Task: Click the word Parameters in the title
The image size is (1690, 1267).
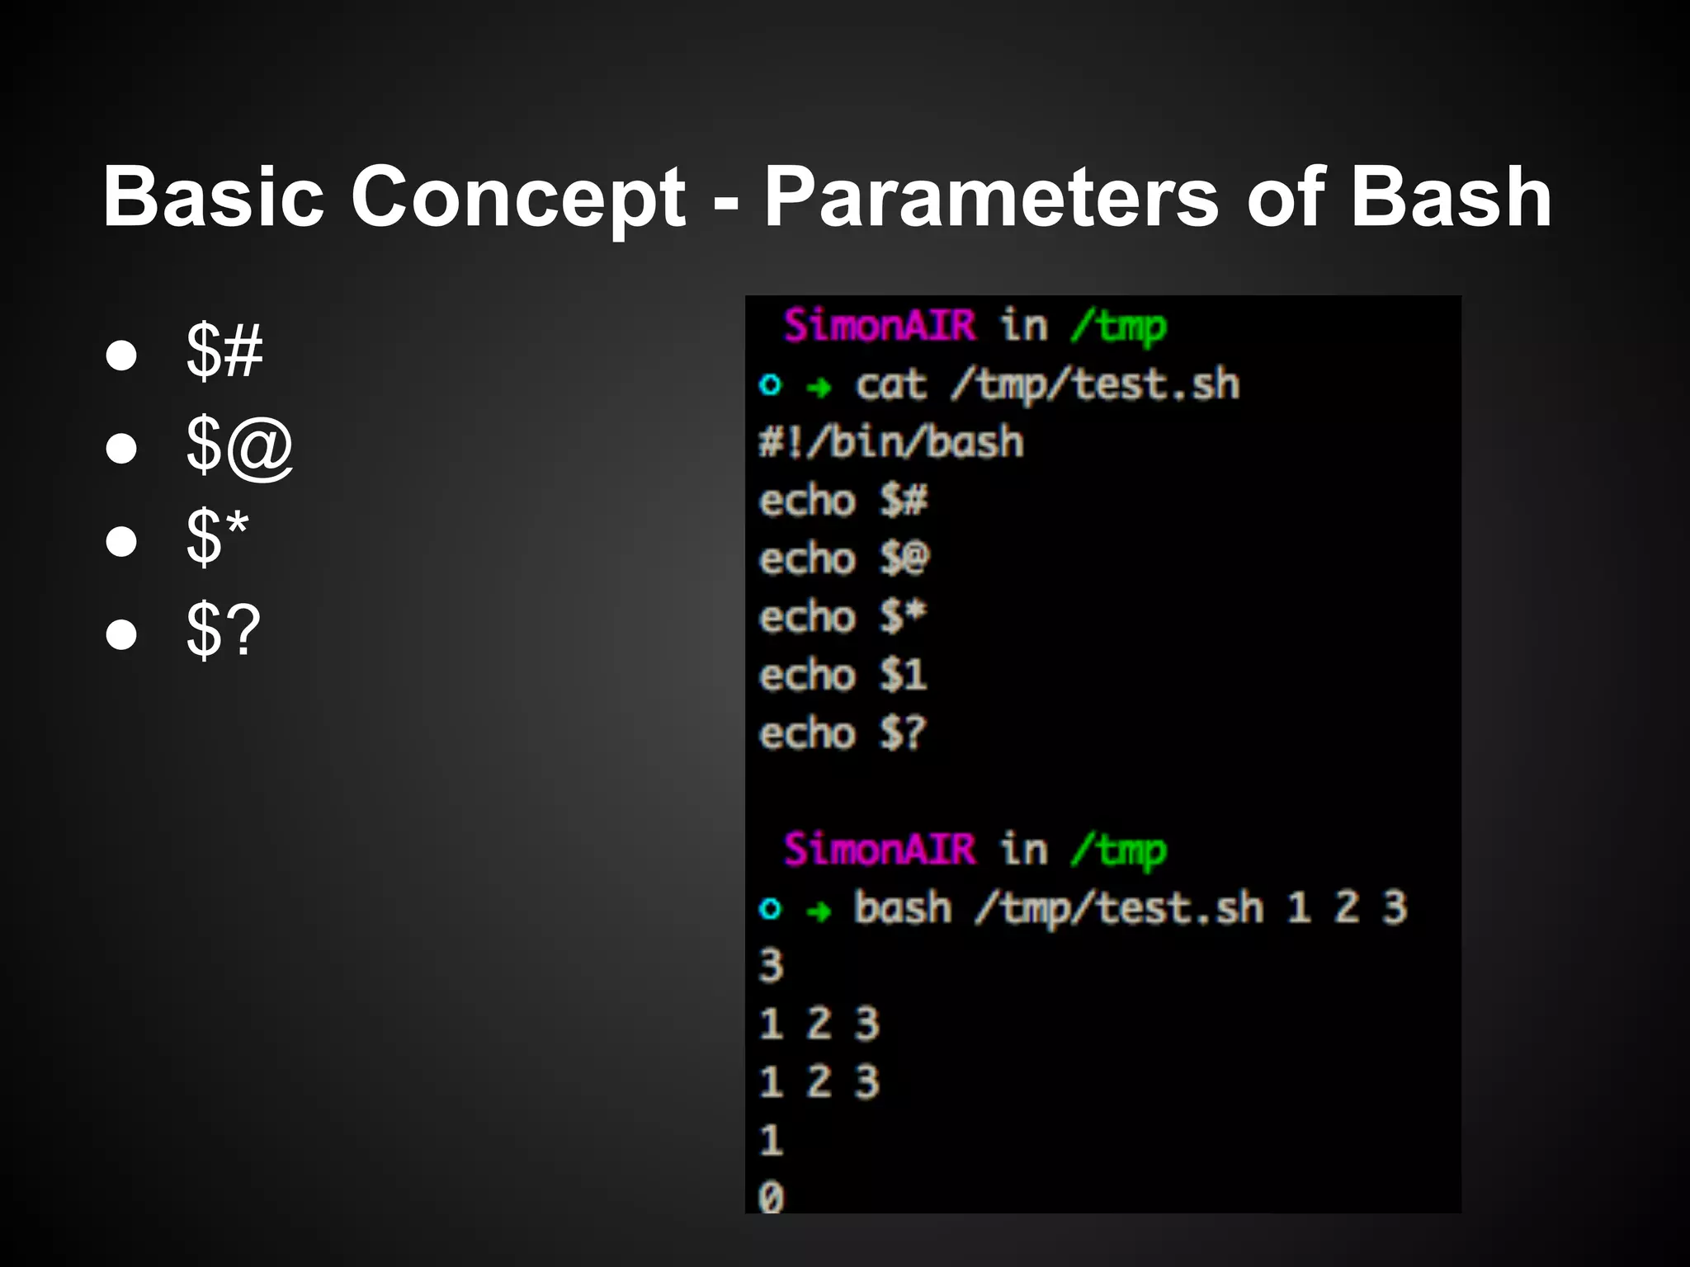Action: (x=990, y=198)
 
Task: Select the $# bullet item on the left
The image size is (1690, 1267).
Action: (x=224, y=352)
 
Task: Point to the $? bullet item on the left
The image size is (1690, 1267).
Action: (x=223, y=631)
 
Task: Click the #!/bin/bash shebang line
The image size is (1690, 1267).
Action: (x=891, y=442)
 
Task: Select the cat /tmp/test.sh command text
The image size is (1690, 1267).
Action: (x=1046, y=385)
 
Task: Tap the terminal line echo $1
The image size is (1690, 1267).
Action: (x=843, y=676)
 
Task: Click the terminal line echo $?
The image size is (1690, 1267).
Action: (x=843, y=733)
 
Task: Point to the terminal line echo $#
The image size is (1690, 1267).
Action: (x=843, y=501)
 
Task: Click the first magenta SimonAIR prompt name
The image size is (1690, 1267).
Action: (x=879, y=325)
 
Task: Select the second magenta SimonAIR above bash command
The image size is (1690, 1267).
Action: (x=879, y=849)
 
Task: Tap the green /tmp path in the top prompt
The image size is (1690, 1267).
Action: (x=1118, y=327)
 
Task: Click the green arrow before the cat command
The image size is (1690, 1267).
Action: (x=819, y=386)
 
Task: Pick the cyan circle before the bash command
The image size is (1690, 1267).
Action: (x=770, y=909)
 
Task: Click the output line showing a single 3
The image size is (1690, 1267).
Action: (x=771, y=966)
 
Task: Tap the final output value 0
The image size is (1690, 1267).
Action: (x=771, y=1197)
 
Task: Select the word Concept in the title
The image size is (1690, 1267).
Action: (x=517, y=198)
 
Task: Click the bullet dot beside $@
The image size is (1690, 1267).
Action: (x=121, y=448)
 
